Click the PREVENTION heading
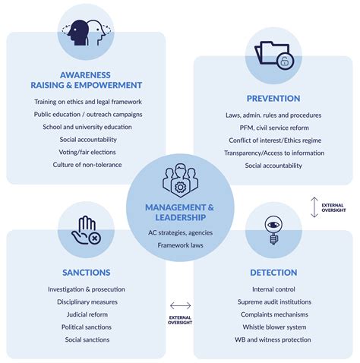point(273,99)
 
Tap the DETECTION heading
point(273,273)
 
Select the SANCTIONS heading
point(87,273)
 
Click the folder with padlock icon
point(274,55)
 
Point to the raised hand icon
point(86,230)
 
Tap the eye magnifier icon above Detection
point(273,230)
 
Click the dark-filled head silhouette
point(78,33)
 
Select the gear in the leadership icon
point(180,188)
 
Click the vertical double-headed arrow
point(314,207)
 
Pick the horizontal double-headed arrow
point(180,305)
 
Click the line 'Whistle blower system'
point(274,327)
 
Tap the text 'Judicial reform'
point(87,314)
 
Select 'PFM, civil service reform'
point(274,128)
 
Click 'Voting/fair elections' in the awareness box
point(87,152)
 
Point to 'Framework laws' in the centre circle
point(180,245)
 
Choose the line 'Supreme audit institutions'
point(274,301)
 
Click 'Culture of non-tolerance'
point(87,165)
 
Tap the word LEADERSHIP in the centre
point(181,217)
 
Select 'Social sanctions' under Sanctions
point(87,339)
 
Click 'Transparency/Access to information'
point(274,153)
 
